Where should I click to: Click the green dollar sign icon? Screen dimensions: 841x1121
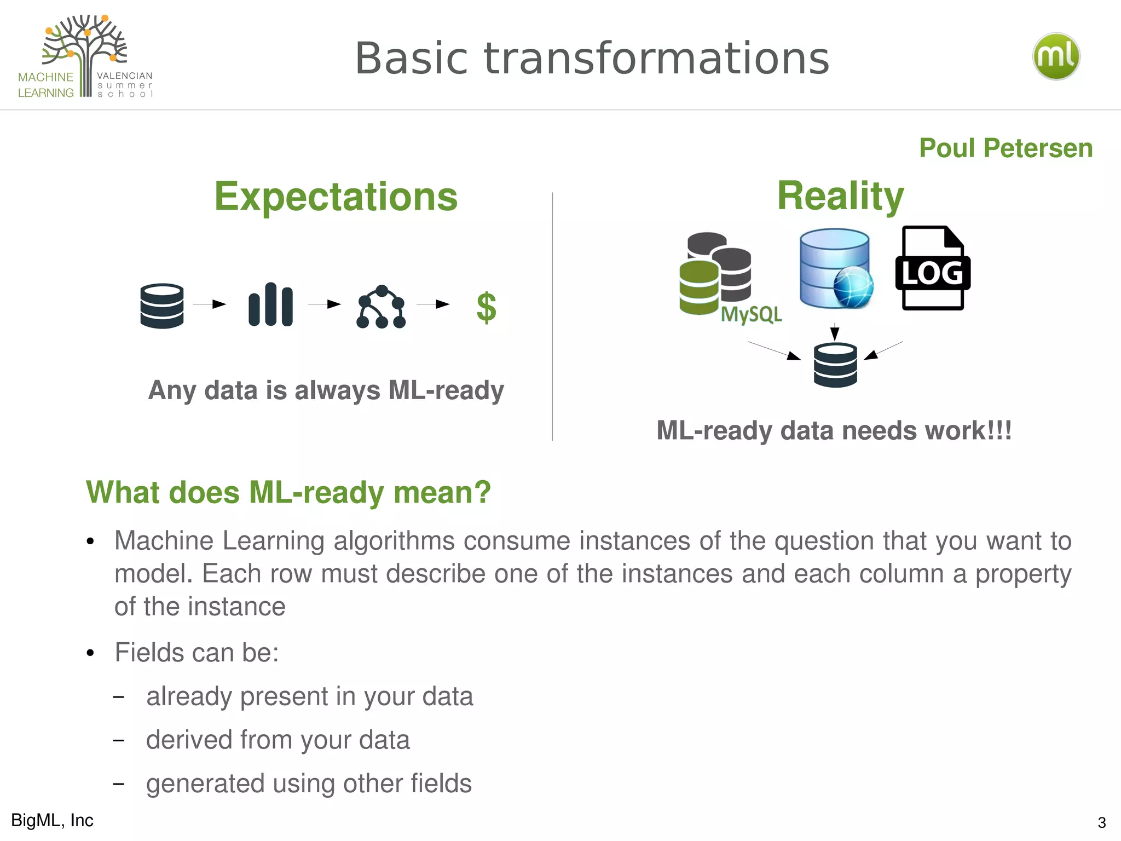click(486, 307)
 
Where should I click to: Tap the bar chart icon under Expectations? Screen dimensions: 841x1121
click(270, 304)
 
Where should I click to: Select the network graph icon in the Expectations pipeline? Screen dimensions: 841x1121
click(381, 307)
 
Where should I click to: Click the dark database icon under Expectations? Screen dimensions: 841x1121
click(162, 306)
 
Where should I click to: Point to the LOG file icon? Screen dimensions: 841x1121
click(932, 269)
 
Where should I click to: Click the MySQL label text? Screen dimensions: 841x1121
click(751, 314)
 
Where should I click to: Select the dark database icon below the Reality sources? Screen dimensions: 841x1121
click(835, 365)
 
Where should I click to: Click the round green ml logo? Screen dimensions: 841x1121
click(1056, 56)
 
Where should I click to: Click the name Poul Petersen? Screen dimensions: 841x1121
click(1006, 148)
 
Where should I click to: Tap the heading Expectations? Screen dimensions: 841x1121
click(336, 197)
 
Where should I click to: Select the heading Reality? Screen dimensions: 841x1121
click(840, 195)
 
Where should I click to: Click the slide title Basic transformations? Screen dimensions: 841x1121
click(592, 59)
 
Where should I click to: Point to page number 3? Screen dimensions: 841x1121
click(1101, 822)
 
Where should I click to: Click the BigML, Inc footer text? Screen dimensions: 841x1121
click(53, 820)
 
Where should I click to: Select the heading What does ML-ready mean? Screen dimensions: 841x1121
click(288, 492)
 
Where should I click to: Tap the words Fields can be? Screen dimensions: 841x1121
click(197, 653)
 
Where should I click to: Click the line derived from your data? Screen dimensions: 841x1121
click(278, 740)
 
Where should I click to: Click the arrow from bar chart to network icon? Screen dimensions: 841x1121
click(325, 304)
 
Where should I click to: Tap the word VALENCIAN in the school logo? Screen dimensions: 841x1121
click(125, 76)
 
